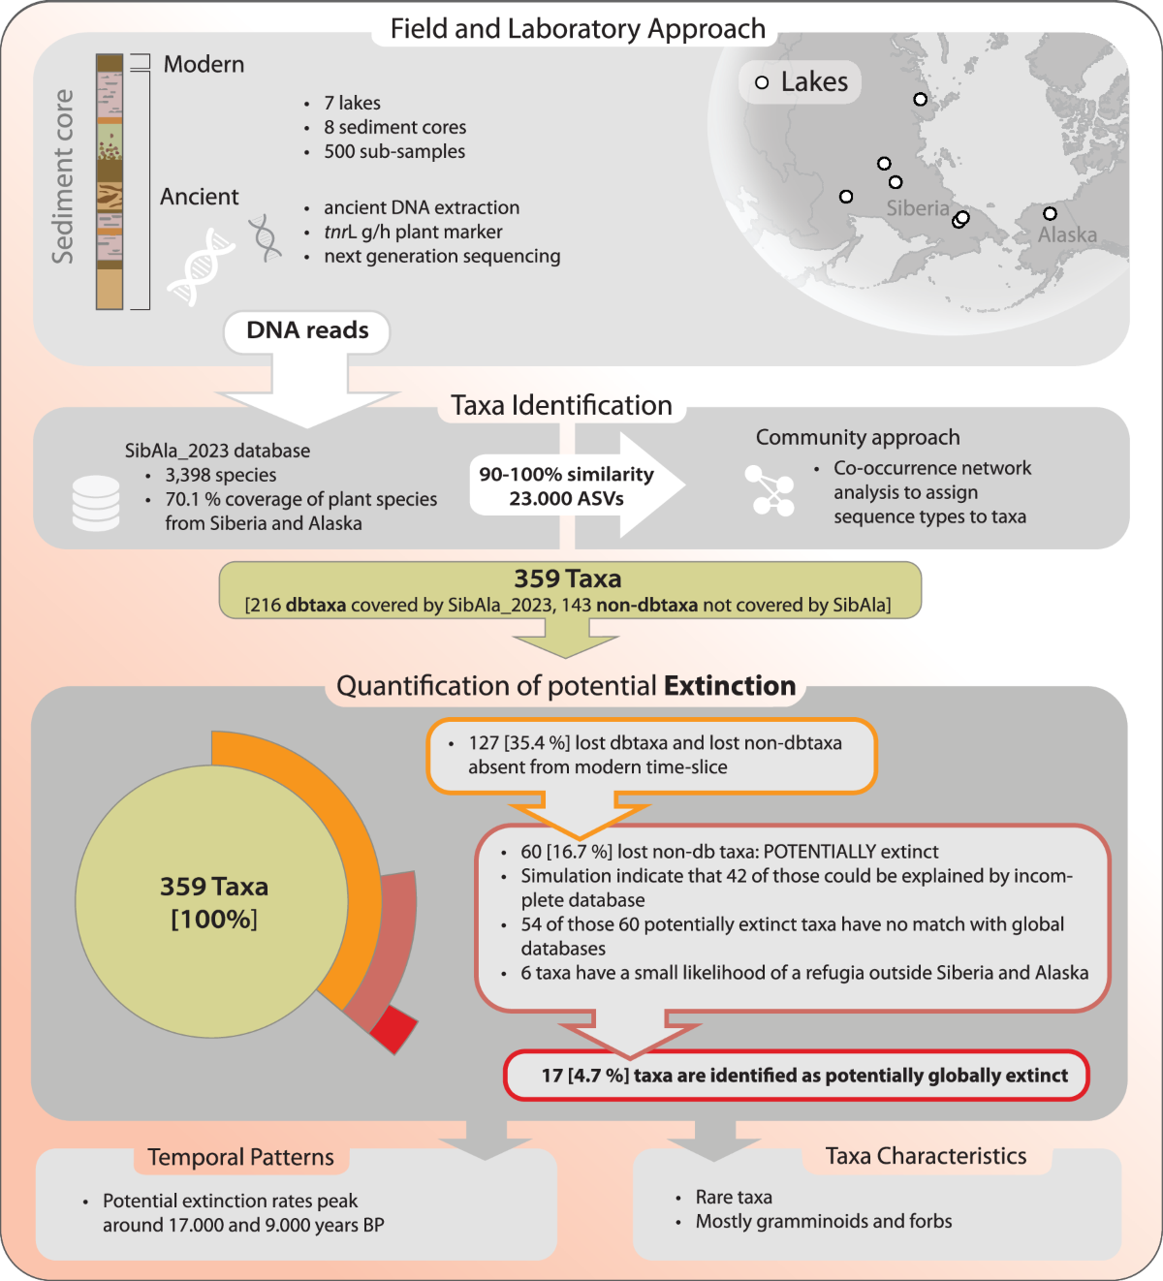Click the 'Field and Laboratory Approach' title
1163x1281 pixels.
[x=578, y=29]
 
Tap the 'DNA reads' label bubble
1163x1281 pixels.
[x=307, y=330]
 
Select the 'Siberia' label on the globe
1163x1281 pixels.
[x=917, y=208]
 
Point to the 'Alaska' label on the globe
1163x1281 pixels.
[x=1067, y=234]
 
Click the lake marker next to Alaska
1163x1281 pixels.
[x=1050, y=213]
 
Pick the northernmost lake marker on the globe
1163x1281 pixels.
[x=920, y=99]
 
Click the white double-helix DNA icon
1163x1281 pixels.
[x=201, y=266]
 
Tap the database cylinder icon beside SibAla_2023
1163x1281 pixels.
[x=96, y=503]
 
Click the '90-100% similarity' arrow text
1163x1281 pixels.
[x=566, y=475]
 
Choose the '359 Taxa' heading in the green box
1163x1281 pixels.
[x=568, y=578]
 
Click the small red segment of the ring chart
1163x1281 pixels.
[x=394, y=1028]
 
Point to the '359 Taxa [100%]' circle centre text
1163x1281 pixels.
[x=213, y=902]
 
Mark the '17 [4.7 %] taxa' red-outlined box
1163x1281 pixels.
[x=797, y=1076]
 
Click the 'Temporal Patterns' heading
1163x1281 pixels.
[x=240, y=1157]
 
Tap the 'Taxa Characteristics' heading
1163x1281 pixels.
[x=926, y=1156]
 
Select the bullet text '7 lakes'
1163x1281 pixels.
[x=352, y=103]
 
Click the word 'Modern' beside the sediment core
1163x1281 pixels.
[x=204, y=65]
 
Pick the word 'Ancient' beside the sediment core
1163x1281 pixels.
[x=199, y=197]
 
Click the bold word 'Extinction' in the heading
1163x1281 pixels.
[x=730, y=686]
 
